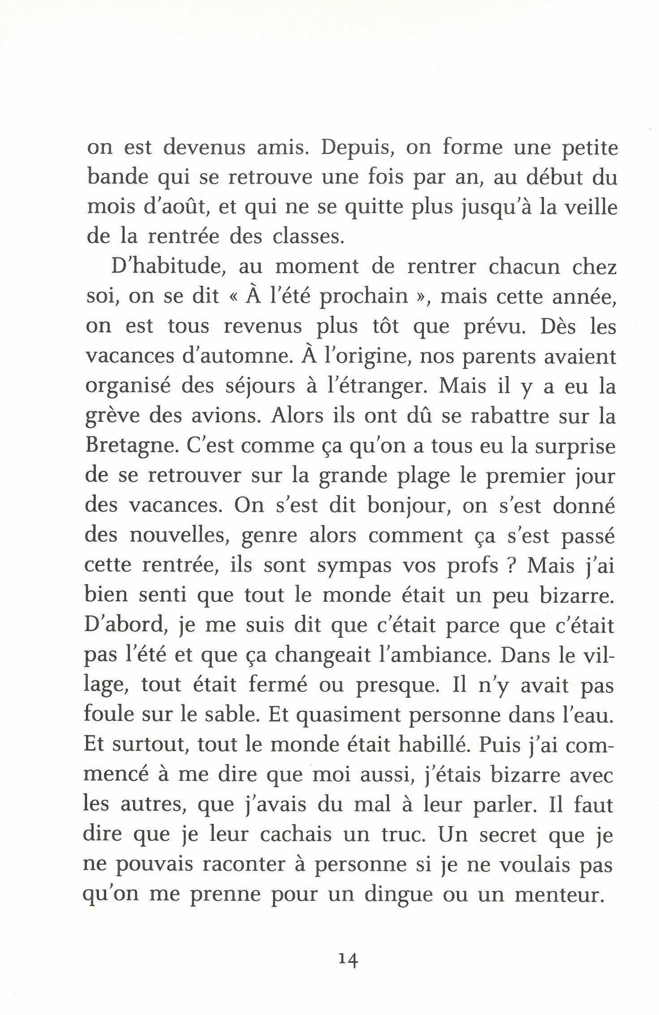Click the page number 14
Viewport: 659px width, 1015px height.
(x=348, y=959)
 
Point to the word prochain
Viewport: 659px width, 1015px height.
(x=363, y=297)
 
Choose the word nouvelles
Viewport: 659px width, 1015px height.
(x=179, y=536)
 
